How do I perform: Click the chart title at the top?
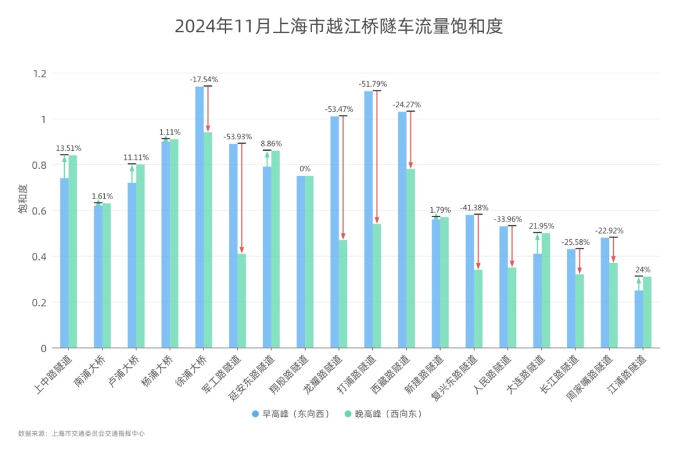[339, 26]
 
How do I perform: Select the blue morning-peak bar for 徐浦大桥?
[199, 217]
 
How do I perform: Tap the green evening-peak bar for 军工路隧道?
[242, 301]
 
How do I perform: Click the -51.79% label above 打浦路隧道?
[373, 83]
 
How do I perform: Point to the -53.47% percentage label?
[339, 109]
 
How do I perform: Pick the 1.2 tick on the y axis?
[40, 73]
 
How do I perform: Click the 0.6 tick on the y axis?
[40, 211]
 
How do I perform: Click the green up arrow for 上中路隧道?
[64, 166]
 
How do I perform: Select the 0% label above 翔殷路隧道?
[304, 168]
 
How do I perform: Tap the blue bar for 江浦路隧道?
[638, 319]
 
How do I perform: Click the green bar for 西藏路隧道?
[410, 258]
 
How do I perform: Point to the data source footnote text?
[81, 433]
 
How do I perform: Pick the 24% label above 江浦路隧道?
[643, 269]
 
